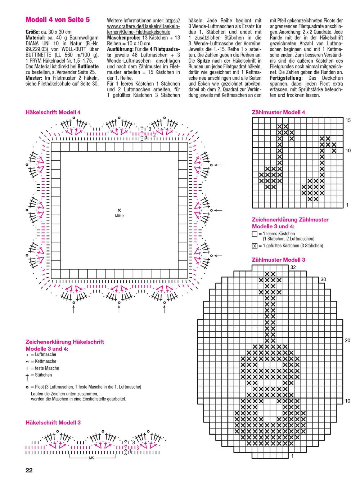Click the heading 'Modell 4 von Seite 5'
coord(58,20)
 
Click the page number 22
coord(29,470)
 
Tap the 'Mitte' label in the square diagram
coord(119,216)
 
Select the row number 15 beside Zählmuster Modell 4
coord(348,120)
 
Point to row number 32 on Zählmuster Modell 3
coord(293,267)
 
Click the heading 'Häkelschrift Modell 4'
coord(53,112)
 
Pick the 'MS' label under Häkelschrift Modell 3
coord(91,458)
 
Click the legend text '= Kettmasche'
coord(44,361)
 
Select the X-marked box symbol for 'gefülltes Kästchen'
coord(255,246)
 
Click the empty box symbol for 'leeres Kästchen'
coord(255,234)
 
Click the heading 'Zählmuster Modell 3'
coord(279,260)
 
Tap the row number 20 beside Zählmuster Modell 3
coord(347,340)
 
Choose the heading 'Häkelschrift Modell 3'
coord(53,422)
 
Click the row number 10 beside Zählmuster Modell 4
coord(348,151)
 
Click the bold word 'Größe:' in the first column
coord(33,32)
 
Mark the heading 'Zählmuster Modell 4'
coord(279,112)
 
